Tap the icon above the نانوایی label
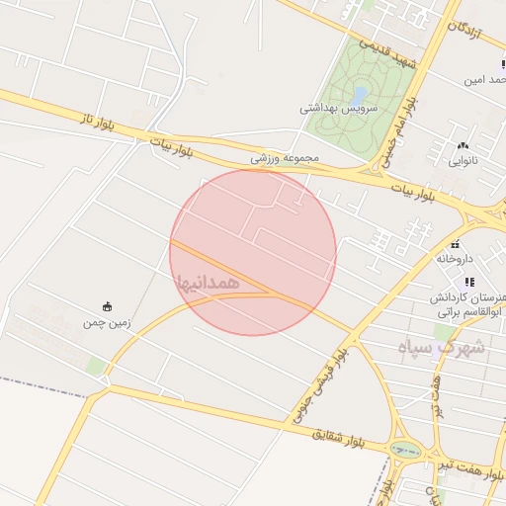coord(463,145)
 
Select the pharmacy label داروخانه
coord(455,258)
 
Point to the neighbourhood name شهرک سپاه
coord(442,347)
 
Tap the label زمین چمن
coord(107,322)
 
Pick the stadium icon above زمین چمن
coord(107,307)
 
